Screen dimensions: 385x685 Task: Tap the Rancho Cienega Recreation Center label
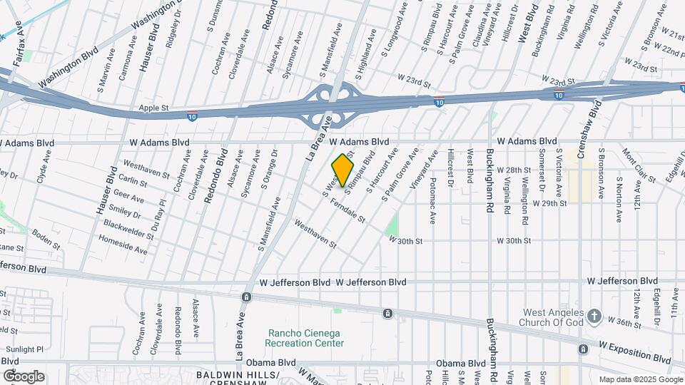coord(303,338)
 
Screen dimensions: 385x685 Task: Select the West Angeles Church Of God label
coord(554,317)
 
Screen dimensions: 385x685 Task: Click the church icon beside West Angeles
coord(595,316)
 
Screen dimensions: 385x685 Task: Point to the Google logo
coord(24,376)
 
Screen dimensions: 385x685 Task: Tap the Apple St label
coord(153,108)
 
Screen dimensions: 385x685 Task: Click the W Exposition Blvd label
coord(634,354)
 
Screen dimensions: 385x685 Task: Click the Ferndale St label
coord(347,209)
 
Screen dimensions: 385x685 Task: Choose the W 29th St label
coord(549,203)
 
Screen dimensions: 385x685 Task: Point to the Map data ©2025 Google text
coord(639,379)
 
